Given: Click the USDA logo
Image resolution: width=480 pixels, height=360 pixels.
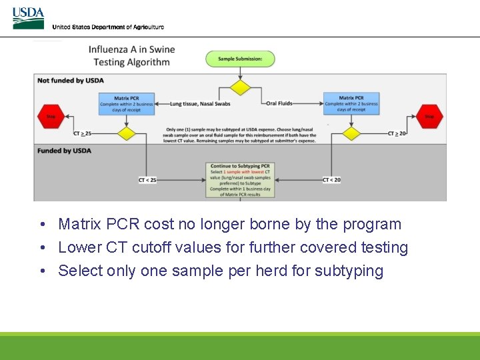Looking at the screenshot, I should [x=28, y=18].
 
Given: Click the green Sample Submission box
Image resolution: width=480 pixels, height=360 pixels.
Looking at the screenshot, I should [x=240, y=59].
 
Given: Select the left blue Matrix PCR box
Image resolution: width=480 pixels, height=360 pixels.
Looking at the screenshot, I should [x=127, y=104].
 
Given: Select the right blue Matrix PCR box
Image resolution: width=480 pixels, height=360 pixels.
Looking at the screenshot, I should [x=351, y=104].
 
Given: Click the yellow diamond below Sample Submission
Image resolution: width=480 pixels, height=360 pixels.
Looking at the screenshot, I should [x=240, y=88].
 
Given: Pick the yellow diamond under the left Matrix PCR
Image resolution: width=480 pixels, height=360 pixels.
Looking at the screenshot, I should [x=127, y=133].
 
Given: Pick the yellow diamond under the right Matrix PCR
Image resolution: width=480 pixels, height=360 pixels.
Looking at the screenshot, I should [x=351, y=133].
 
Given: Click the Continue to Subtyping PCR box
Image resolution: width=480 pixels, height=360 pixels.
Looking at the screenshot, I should [x=240, y=179].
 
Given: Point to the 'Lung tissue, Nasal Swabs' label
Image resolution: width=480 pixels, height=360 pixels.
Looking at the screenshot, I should [x=191, y=104].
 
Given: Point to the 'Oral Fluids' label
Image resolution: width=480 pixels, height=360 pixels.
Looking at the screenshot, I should [x=279, y=104].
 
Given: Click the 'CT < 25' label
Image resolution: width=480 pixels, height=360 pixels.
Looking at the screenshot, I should [x=147, y=180].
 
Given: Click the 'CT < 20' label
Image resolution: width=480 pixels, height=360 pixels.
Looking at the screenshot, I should [x=331, y=180].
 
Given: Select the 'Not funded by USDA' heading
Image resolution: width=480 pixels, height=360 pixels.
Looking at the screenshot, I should [x=71, y=81].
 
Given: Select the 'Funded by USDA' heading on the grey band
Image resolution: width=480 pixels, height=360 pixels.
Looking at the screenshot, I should [x=64, y=151].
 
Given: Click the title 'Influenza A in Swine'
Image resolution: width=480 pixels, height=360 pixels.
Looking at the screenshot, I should [x=132, y=49].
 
